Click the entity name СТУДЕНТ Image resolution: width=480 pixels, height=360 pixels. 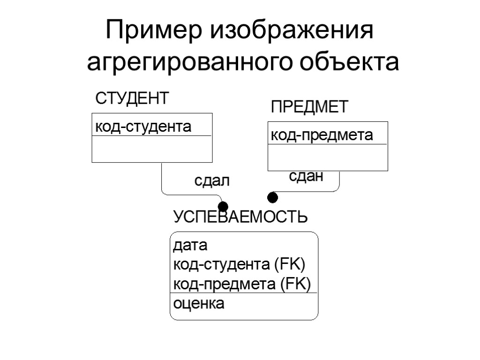[132, 99]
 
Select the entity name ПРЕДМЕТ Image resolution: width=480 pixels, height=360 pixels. [310, 107]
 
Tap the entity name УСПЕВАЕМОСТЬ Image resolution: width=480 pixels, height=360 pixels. [240, 217]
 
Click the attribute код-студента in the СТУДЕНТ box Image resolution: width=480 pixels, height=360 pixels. [143, 127]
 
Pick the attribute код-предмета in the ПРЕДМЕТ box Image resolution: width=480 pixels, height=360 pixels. [322, 135]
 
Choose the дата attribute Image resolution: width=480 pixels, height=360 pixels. [190, 245]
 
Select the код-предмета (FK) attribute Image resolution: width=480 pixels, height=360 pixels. [242, 285]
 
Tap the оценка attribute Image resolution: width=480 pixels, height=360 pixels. [199, 304]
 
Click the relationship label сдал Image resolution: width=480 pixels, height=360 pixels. [212, 181]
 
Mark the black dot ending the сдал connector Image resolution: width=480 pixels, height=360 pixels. [223, 207]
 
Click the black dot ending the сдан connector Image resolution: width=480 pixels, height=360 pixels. [272, 197]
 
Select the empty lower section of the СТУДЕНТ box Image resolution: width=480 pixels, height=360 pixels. [152, 149]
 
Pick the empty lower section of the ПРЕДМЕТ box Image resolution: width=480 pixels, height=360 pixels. [328, 157]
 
